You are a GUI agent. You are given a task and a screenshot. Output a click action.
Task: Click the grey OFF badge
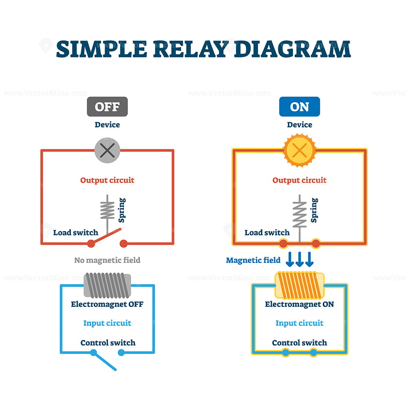tap(107, 107)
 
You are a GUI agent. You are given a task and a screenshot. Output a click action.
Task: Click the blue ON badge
tap(300, 107)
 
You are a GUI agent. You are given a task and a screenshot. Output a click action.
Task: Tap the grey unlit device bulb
tap(107, 150)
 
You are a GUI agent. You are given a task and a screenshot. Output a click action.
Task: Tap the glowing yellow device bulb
tap(300, 150)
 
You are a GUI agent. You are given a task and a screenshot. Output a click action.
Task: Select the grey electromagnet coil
tap(107, 285)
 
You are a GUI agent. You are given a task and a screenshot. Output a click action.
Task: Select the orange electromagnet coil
tap(300, 285)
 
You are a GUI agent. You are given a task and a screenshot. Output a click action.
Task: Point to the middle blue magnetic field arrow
tap(300, 259)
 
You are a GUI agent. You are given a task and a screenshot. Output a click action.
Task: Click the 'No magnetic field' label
tap(107, 260)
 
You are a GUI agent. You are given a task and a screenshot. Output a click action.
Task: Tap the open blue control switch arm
tap(105, 361)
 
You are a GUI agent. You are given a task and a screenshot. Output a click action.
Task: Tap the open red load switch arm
tap(106, 236)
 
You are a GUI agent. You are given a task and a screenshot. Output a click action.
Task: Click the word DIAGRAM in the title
tap(293, 49)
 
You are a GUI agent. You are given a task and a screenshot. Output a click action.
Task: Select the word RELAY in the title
tap(191, 49)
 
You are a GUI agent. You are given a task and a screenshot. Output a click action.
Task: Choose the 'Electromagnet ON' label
tap(300, 304)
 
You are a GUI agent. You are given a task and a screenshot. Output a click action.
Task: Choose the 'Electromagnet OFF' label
tap(107, 304)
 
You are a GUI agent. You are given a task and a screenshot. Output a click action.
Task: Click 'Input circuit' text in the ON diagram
tap(300, 323)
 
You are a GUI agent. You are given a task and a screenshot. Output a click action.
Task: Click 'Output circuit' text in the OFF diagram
tap(107, 180)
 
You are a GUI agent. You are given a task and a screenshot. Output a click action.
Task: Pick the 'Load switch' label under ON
tap(267, 232)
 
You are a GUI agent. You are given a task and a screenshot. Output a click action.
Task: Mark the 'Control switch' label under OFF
tap(108, 343)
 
